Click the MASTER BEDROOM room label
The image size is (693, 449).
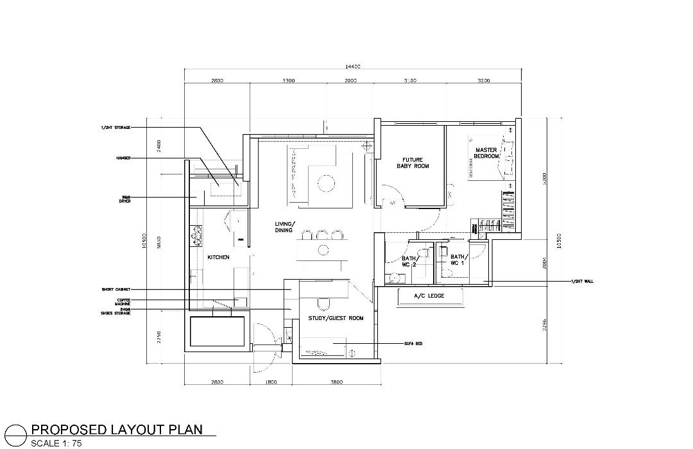pos(486,153)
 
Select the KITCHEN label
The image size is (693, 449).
pos(218,257)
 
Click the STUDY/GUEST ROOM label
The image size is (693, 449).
pos(336,318)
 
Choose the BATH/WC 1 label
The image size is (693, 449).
pos(458,260)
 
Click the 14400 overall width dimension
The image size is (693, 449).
pos(352,66)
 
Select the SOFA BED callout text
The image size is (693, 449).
pos(415,343)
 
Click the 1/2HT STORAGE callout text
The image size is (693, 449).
pos(116,128)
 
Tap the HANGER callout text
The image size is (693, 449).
pos(123,157)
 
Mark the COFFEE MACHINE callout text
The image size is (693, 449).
pos(122,301)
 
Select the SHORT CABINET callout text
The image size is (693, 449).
pos(116,289)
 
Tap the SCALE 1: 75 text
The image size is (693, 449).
pos(56,443)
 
